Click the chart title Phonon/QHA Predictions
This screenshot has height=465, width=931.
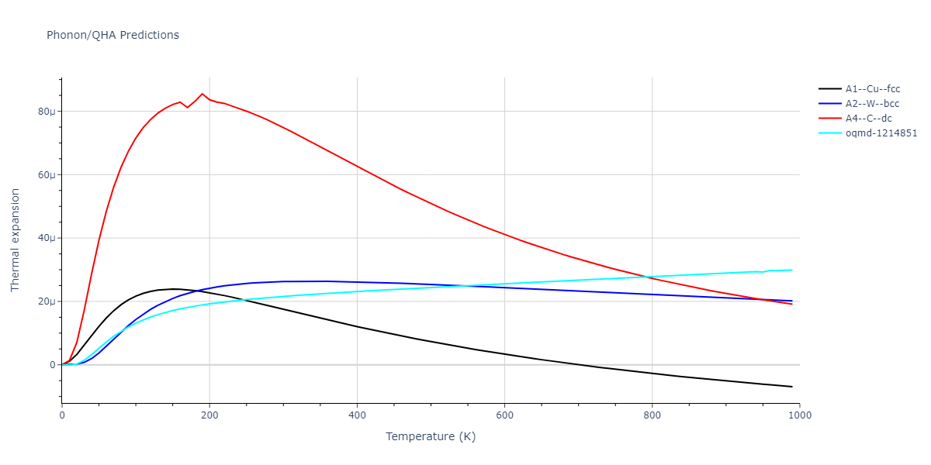(x=112, y=35)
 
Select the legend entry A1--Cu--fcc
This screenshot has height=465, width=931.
(x=873, y=89)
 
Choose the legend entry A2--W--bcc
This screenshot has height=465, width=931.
(x=873, y=104)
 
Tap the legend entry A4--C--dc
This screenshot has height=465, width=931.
(x=868, y=119)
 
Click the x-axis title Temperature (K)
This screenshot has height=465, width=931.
(x=431, y=436)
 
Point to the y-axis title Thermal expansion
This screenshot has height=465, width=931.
(x=16, y=240)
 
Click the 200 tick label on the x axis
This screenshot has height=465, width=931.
(x=209, y=415)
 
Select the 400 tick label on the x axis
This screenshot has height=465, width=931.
(x=357, y=415)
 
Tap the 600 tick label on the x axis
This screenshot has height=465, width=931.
(x=504, y=415)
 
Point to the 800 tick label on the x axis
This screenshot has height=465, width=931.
(x=652, y=415)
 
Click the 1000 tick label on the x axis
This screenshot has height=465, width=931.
(x=799, y=415)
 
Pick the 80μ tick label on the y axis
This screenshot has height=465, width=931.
(x=47, y=112)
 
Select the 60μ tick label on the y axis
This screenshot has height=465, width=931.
(x=47, y=175)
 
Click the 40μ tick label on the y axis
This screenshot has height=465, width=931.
(x=47, y=238)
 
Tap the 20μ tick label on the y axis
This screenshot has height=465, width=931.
(x=47, y=301)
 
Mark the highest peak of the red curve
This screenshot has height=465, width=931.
(x=202, y=94)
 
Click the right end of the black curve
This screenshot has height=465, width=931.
(x=792, y=387)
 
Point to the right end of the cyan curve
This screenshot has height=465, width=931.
(x=792, y=270)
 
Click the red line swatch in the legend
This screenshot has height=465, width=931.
(x=830, y=119)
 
